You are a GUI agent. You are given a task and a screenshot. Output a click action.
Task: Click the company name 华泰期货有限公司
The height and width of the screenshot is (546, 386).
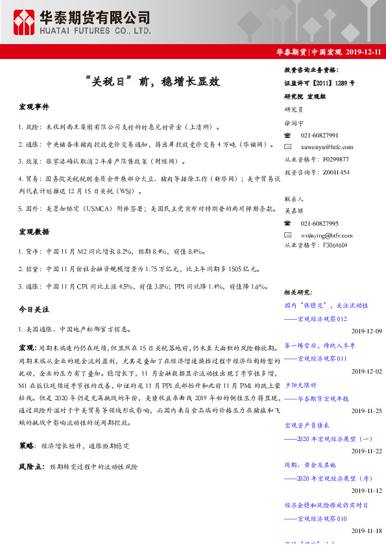(x=95, y=17)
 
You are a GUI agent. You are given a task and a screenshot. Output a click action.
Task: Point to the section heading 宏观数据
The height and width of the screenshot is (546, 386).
(x=34, y=231)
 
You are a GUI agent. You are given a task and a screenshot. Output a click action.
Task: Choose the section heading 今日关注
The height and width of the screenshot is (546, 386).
(x=34, y=310)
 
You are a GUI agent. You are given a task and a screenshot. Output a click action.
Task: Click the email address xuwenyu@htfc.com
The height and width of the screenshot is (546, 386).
(x=327, y=147)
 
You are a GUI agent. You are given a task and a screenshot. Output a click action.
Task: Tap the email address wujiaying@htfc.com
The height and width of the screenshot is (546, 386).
(x=328, y=235)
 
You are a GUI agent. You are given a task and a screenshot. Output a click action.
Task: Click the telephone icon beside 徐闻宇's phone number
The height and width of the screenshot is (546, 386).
(x=289, y=136)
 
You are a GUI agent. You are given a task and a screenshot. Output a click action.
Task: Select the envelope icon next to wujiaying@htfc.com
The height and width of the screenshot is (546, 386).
(x=289, y=235)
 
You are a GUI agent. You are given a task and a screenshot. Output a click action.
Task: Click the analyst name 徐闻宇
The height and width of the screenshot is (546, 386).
(x=295, y=123)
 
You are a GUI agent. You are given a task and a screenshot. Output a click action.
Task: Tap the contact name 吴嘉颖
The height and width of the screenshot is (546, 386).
(x=295, y=211)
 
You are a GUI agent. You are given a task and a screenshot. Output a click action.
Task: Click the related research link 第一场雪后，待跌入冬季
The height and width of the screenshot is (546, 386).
(x=319, y=346)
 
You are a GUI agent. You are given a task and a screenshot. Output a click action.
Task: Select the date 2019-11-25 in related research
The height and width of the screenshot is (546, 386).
(x=367, y=411)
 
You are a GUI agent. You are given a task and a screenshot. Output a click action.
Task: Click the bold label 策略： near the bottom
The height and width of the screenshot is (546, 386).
(x=27, y=446)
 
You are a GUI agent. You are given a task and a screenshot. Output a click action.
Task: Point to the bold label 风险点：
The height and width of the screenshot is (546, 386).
(x=31, y=466)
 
